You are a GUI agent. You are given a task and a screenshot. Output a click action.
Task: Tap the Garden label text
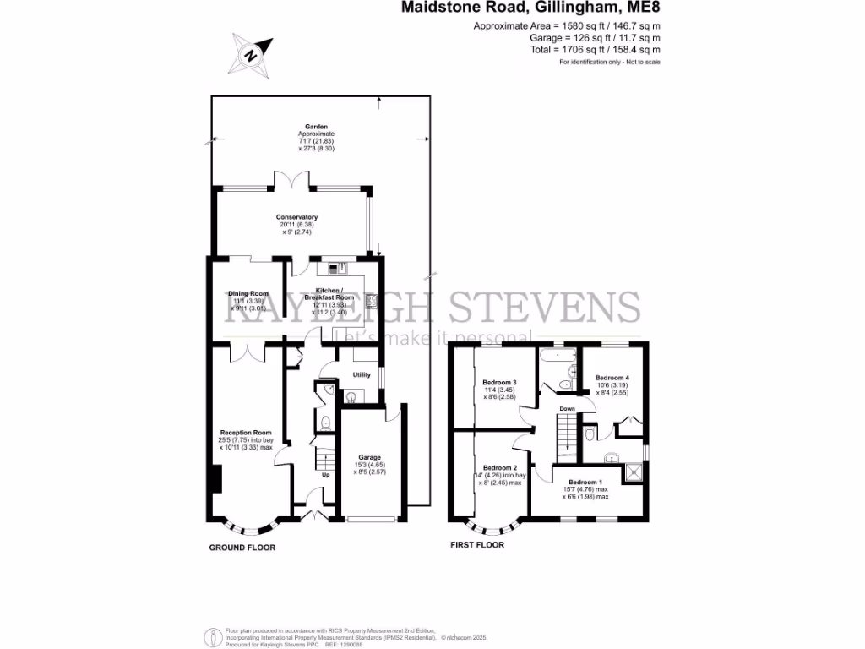click(x=316, y=127)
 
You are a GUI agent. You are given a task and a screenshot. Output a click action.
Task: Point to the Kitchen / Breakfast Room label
click(x=332, y=293)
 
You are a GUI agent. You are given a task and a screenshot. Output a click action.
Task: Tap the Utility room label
click(x=362, y=374)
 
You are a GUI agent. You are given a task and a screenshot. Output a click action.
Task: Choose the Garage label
click(x=369, y=457)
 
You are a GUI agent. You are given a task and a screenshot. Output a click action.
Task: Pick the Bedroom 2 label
click(x=499, y=467)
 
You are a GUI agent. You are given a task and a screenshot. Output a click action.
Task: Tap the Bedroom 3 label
click(x=499, y=382)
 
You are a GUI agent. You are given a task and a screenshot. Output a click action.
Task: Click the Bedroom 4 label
click(x=612, y=378)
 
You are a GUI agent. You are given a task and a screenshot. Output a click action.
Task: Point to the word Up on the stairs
click(x=325, y=474)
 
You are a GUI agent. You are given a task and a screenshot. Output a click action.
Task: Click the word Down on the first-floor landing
click(x=568, y=409)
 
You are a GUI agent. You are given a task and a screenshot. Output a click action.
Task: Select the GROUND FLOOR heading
click(x=242, y=548)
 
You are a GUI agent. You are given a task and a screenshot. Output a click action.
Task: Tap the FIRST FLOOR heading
click(x=477, y=545)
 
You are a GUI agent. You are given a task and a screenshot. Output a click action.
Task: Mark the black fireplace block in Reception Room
click(x=215, y=480)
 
